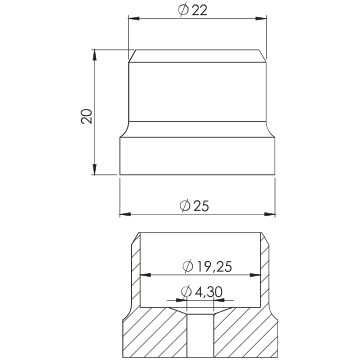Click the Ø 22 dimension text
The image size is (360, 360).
click(193, 10)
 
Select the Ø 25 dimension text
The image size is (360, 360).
click(194, 206)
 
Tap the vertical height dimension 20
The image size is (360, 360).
click(87, 116)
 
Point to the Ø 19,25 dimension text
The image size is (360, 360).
click(207, 267)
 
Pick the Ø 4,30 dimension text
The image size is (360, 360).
click(202, 292)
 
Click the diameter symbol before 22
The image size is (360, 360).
click(183, 10)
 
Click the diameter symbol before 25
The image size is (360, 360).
click(185, 206)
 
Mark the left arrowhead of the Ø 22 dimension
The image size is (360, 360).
click(134, 18)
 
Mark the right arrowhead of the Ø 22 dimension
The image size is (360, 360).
click(261, 18)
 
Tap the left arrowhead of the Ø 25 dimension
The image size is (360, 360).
click(125, 214)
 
